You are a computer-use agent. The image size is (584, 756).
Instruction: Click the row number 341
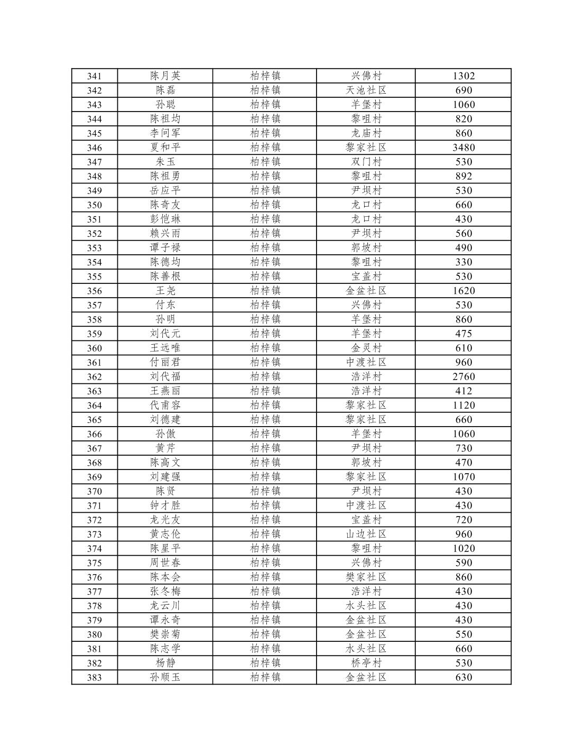coord(94,76)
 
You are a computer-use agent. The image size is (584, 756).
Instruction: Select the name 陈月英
coord(165,76)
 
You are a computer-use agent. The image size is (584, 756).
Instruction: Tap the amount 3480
coord(463,147)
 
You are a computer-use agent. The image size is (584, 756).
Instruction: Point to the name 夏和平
coord(165,147)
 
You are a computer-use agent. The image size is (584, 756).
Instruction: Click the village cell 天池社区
coord(366,90)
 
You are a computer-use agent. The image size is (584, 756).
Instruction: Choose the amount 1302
coord(463,76)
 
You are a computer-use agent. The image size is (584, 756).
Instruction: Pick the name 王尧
coord(165,290)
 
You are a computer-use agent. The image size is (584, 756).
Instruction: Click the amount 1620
coord(463,291)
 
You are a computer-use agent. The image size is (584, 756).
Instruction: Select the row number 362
coord(94,377)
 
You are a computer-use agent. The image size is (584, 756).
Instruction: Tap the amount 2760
coord(463,377)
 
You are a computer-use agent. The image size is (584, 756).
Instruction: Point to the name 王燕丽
coord(165,391)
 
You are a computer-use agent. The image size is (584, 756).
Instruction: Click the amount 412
coord(463,391)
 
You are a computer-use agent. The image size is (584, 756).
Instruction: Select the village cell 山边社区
coord(366,534)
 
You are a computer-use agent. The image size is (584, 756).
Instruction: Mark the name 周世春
coord(165,563)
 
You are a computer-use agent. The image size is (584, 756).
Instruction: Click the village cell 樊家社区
coord(366,577)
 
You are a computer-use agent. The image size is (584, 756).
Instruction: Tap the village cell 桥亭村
coord(366,663)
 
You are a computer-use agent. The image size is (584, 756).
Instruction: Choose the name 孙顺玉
coord(165,677)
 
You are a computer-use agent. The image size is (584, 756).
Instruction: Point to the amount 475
coord(463,334)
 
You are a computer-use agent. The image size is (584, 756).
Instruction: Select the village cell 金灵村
coord(366,348)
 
